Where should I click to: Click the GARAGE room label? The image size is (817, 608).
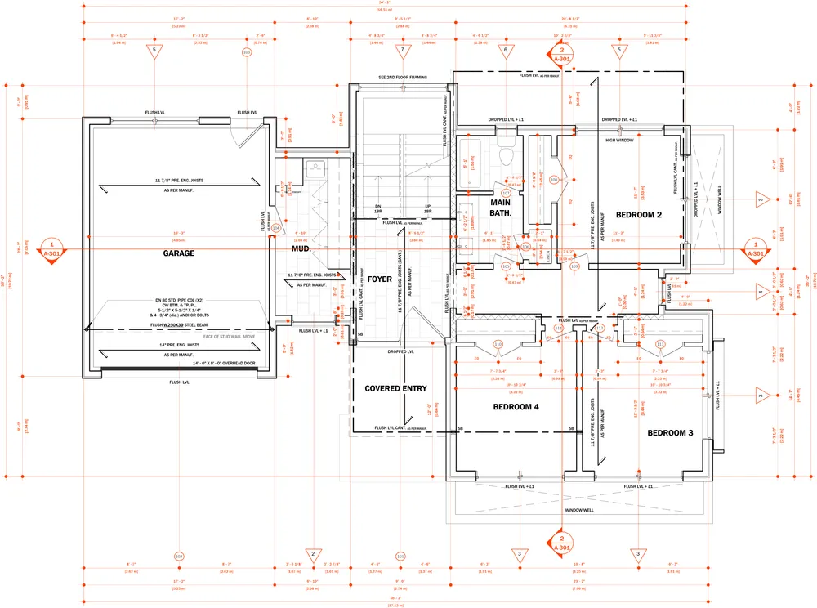coord(178,253)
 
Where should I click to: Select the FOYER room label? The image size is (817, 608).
coord(380,279)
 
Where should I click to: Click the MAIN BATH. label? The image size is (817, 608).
coord(501,207)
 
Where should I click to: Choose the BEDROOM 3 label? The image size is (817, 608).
coord(670,432)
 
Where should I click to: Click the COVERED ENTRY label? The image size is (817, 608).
coord(395,388)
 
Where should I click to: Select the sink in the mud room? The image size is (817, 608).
coord(316,169)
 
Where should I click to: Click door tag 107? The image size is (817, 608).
coord(506,194)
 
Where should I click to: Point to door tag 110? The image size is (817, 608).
coord(498,344)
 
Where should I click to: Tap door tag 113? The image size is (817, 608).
coord(660,344)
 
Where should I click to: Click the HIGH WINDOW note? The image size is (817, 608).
coord(620,140)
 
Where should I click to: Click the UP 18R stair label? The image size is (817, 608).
coord(427,208)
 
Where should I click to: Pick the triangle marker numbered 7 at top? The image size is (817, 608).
coord(402,51)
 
